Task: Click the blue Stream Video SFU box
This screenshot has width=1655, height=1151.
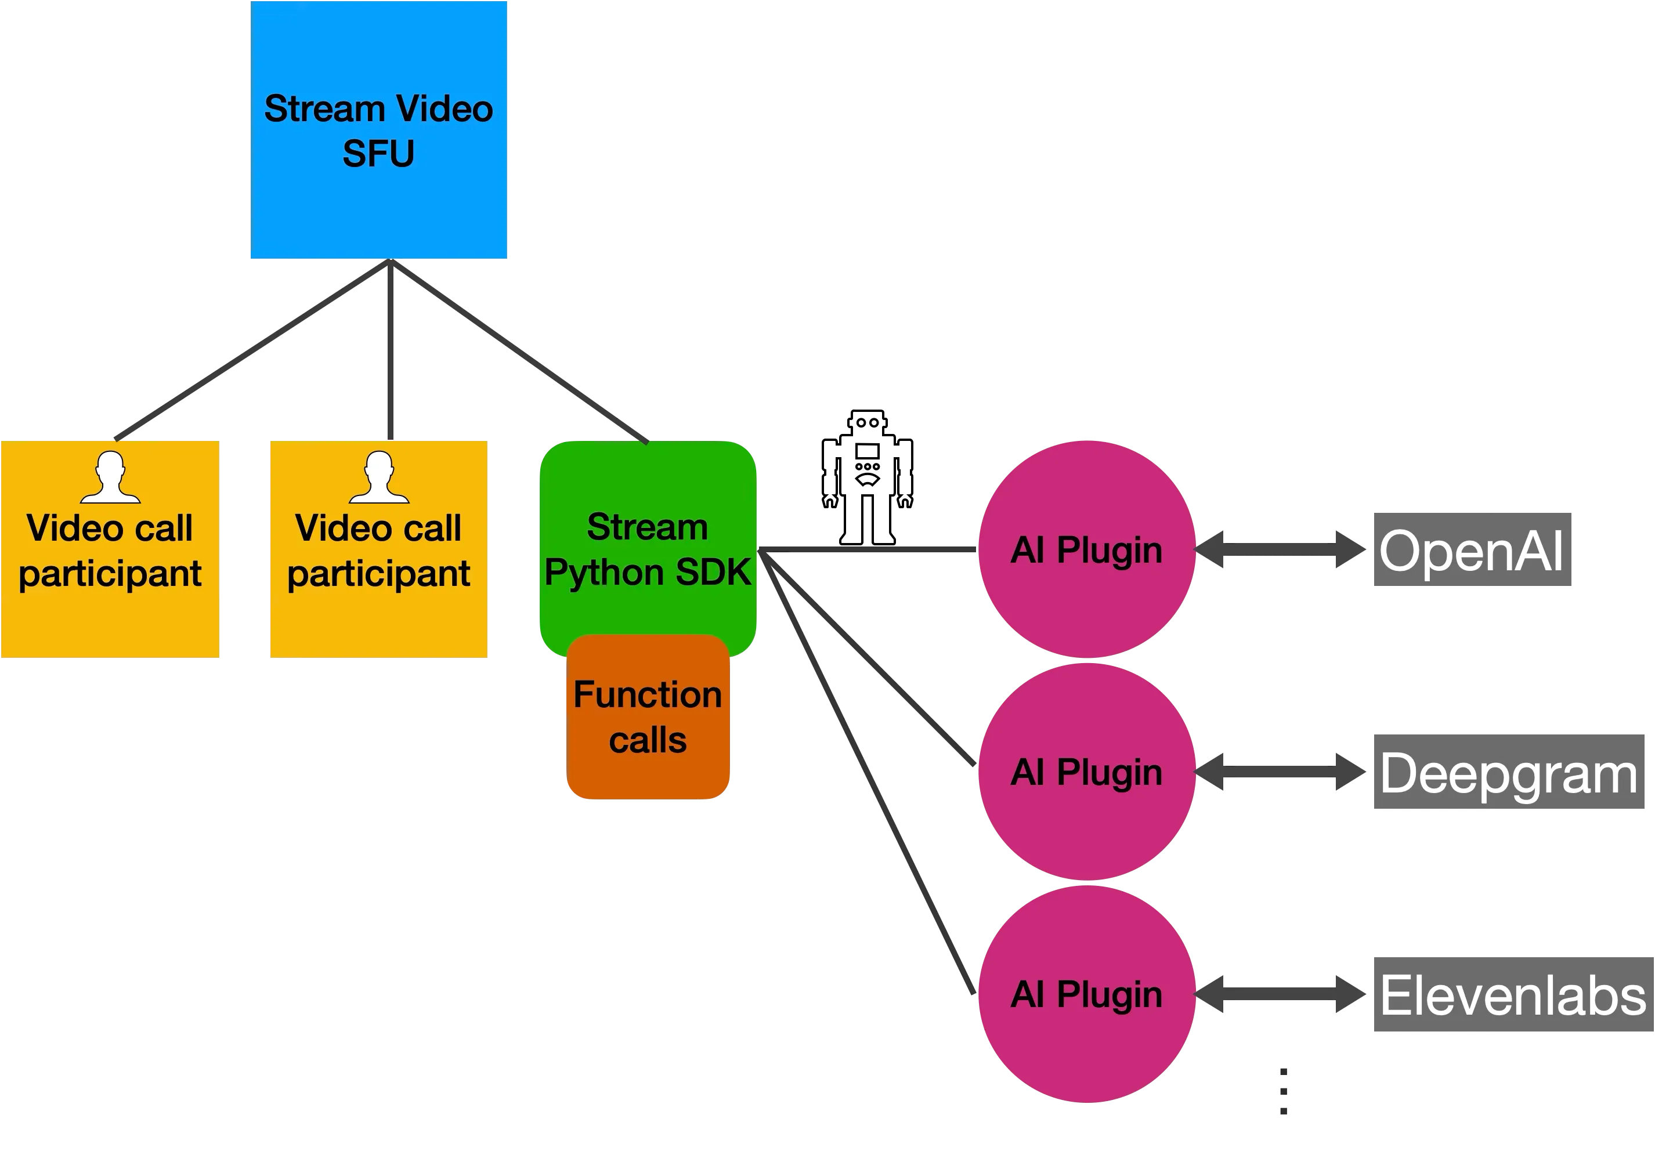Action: (379, 130)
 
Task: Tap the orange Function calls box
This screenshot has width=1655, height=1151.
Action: (648, 717)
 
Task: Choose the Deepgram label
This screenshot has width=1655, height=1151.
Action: (1509, 773)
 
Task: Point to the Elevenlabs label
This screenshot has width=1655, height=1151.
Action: (1512, 996)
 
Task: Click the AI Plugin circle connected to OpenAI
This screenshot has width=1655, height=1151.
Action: (1086, 549)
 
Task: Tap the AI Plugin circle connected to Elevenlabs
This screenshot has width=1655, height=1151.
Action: (1086, 994)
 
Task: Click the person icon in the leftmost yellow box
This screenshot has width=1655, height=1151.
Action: (110, 477)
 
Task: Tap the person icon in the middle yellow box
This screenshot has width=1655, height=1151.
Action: (379, 477)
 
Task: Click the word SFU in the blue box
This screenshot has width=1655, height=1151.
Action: (378, 154)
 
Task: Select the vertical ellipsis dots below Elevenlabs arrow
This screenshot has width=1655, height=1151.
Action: (1283, 1092)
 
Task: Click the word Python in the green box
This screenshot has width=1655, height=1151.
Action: (604, 573)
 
